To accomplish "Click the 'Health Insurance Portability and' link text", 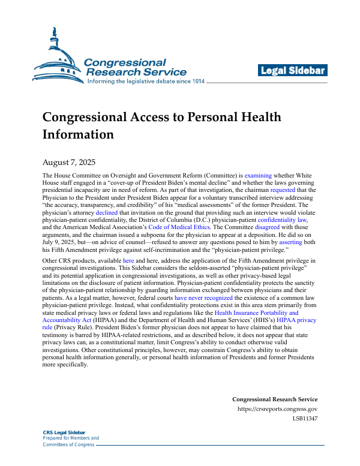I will click(256, 313).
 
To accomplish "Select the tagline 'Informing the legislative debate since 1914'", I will click(146, 82).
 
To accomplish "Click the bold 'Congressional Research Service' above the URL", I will click(274, 399).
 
